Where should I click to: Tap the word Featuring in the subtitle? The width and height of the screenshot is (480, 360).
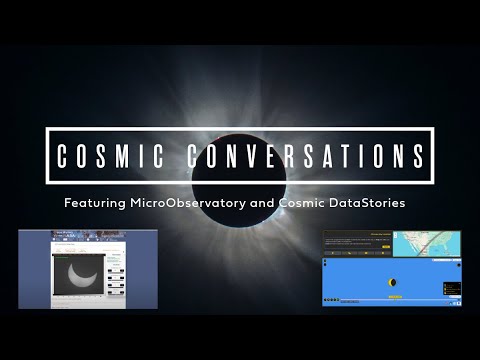pyautogui.click(x=94, y=203)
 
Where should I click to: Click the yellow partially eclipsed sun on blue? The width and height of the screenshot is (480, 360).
pyautogui.click(x=392, y=283)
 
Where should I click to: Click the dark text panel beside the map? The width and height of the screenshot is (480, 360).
pyautogui.click(x=355, y=243)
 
